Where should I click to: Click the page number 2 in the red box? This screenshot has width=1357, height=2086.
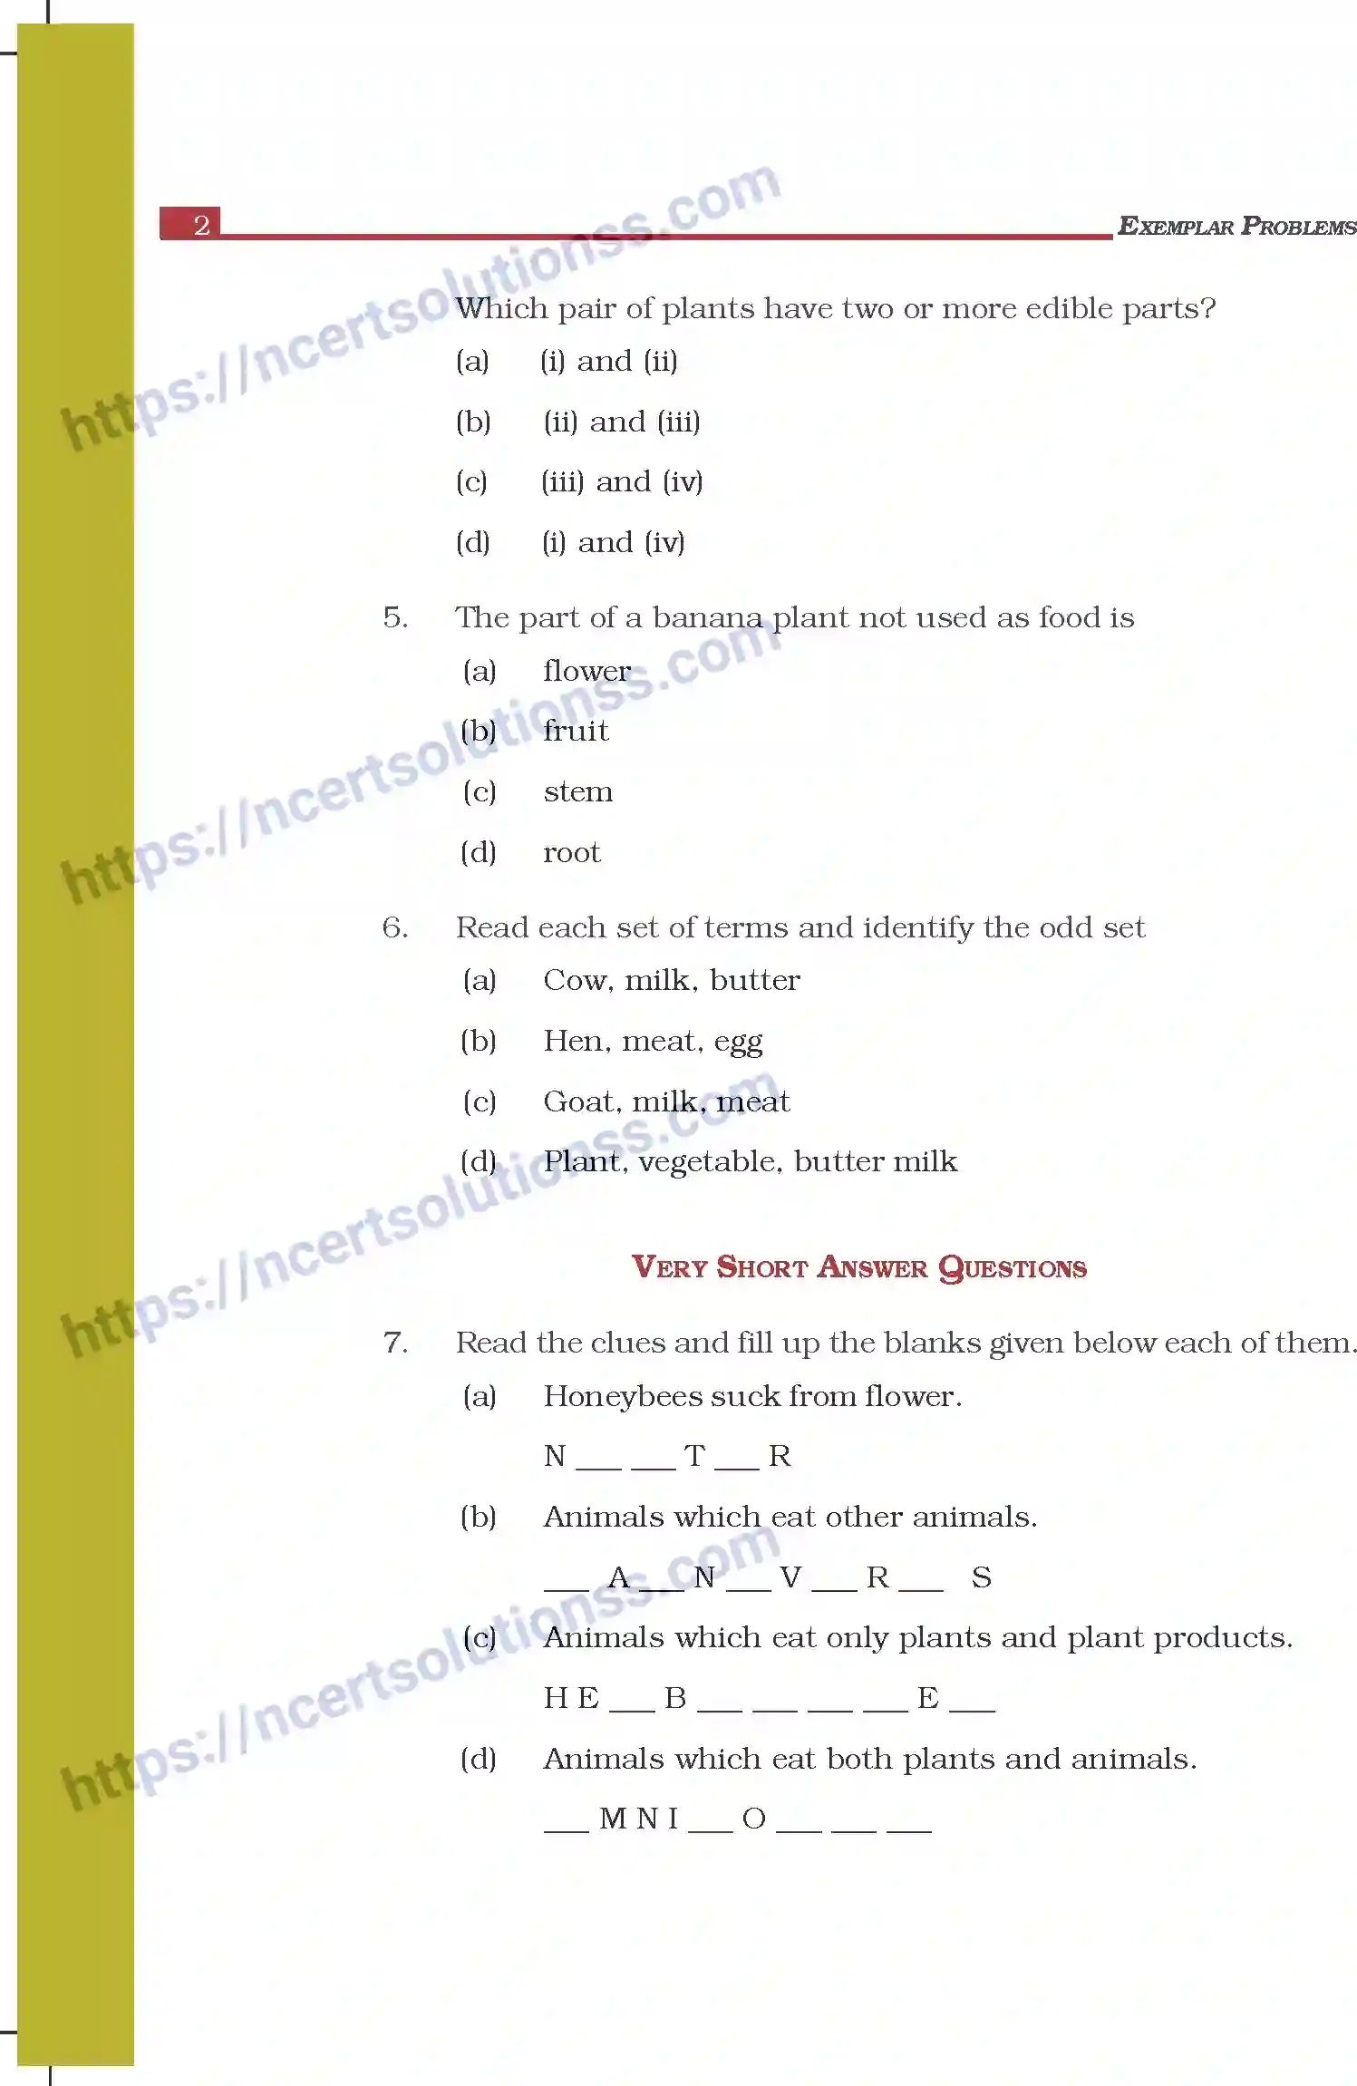coord(201,224)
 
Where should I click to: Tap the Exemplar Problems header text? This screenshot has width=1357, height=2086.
coord(1236,226)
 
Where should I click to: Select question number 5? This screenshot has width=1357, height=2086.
coord(394,617)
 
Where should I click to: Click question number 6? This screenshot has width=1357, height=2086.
coord(394,927)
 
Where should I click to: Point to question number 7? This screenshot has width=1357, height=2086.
coord(394,1343)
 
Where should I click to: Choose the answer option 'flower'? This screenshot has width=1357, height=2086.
coord(586,671)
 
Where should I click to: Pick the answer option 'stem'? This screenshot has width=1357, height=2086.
coord(577,791)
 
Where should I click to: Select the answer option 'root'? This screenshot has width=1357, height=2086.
coord(571,852)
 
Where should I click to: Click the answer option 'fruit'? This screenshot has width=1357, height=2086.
coord(576,731)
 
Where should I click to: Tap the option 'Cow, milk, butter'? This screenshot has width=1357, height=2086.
coord(671,980)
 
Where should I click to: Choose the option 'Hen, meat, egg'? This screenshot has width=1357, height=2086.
coord(653,1041)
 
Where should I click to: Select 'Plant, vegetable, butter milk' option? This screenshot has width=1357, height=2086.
coord(750,1161)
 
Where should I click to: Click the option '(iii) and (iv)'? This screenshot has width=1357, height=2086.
coord(622,481)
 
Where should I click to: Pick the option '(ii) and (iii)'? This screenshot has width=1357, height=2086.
coord(622,422)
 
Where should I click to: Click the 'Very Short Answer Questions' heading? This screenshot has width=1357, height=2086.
coord(858,1266)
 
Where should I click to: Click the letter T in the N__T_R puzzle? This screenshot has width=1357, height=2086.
coord(694,1456)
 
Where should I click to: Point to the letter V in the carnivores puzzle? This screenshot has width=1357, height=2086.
coord(790,1577)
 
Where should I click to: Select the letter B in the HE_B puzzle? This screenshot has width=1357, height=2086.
coord(675,1698)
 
